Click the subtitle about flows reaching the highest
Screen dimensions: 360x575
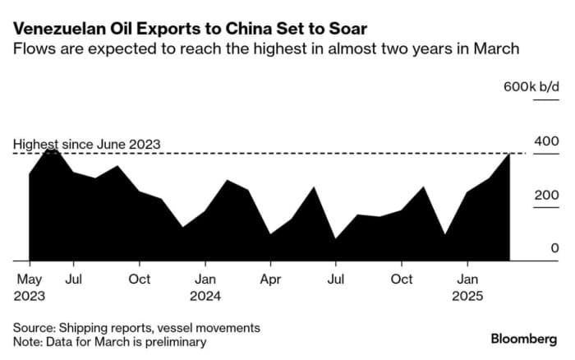coord(265,49)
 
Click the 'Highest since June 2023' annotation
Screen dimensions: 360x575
coord(86,145)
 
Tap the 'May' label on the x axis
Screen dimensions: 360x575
coord(30,279)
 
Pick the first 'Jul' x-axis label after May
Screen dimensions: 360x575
coord(73,279)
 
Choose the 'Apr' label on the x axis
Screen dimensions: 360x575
coord(270,279)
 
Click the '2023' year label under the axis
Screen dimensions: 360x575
coord(30,295)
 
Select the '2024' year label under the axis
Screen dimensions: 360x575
coord(206,295)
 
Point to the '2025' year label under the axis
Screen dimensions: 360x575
coord(468,295)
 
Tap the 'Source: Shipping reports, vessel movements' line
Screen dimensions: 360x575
coord(136,327)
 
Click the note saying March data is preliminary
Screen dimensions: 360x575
coord(109,341)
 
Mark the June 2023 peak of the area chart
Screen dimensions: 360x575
coord(52,150)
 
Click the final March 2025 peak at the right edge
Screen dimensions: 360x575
coord(510,155)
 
